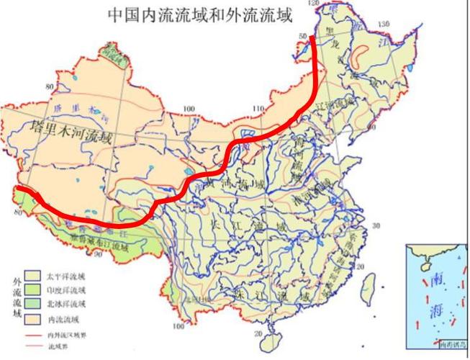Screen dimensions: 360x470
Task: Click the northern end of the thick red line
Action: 313,40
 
